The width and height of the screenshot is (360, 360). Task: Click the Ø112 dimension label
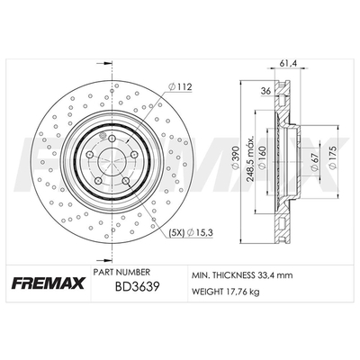pyautogui.click(x=180, y=87)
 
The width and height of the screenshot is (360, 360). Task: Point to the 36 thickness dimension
pyautogui.click(x=265, y=91)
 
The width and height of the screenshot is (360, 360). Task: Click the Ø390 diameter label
pyautogui.click(x=236, y=158)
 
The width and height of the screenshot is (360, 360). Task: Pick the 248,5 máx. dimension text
pyautogui.click(x=250, y=158)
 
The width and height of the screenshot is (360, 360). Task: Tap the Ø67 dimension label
pyautogui.click(x=315, y=161)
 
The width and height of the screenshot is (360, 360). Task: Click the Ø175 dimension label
pyautogui.click(x=332, y=157)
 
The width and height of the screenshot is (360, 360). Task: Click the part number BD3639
pyautogui.click(x=137, y=287)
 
